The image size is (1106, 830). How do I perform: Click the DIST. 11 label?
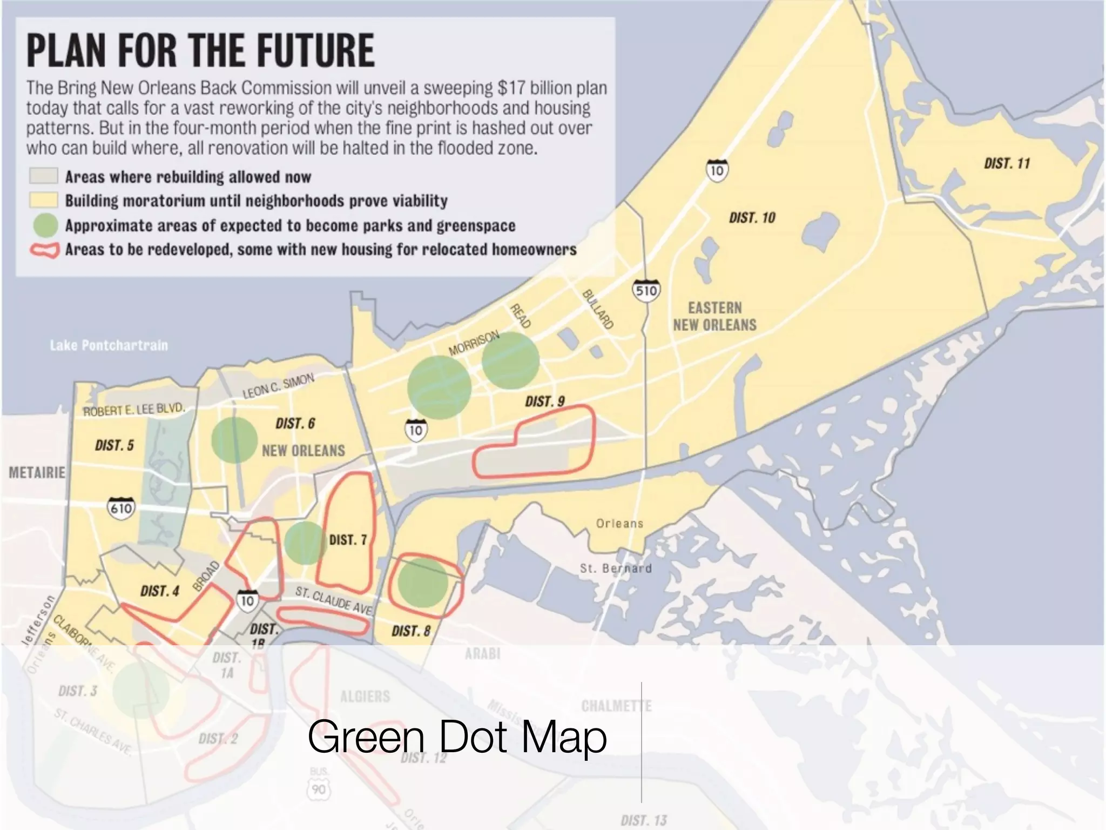1007,163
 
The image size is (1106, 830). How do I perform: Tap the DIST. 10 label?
752,218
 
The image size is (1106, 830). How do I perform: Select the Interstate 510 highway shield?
646,291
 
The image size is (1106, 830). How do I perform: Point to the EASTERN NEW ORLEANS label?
714,316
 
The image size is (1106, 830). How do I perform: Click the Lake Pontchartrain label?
109,345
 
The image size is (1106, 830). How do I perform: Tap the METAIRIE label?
37,472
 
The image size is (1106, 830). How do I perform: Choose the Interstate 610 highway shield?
121,508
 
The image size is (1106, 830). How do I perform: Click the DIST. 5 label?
114,445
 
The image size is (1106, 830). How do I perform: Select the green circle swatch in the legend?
44,225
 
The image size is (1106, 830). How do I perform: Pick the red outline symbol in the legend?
44,250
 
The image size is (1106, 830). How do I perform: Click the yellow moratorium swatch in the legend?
43,200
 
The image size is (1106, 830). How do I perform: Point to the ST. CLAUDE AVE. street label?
334,601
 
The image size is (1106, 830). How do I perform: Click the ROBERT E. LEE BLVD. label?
134,410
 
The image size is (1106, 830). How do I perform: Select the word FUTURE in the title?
315,50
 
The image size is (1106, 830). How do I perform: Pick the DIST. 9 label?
544,401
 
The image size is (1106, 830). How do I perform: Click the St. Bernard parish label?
616,568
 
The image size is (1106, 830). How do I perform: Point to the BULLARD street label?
597,309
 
